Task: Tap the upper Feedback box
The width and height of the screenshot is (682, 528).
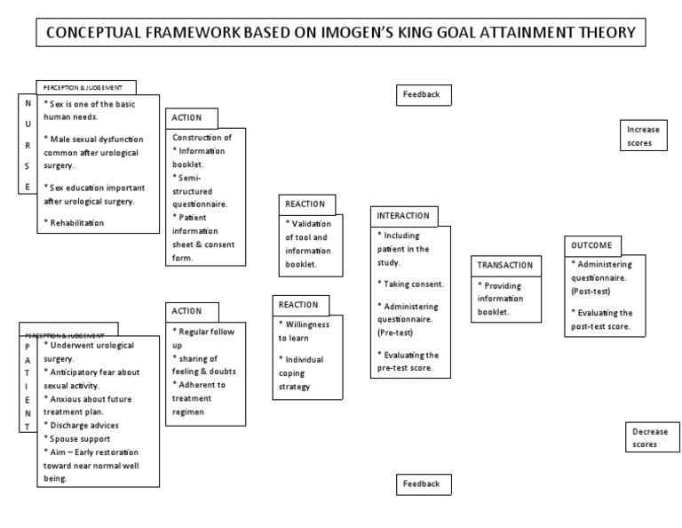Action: point(424,94)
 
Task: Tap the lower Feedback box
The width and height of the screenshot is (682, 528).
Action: point(424,484)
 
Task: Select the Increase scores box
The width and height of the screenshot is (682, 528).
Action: point(643,136)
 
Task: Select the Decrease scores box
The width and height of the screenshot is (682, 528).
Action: point(650,437)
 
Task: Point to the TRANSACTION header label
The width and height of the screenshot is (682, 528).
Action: point(505,265)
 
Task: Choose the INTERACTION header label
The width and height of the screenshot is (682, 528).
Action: point(403,216)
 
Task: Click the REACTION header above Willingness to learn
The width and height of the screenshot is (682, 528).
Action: point(300,304)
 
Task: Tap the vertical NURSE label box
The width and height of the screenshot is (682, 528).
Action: point(28,142)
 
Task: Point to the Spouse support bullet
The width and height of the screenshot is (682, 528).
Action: point(79,439)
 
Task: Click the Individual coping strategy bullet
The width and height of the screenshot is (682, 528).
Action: point(302,373)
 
